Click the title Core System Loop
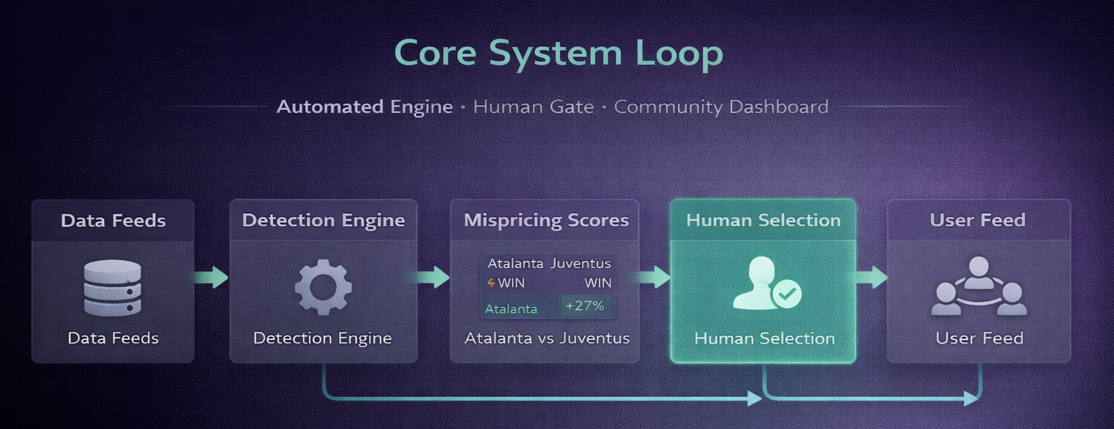point(558,53)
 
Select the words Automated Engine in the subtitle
point(364,107)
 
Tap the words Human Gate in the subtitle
point(533,107)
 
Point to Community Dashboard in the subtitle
point(721,107)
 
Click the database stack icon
point(113,287)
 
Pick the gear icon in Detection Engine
point(322,287)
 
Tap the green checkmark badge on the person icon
point(786,294)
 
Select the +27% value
point(584,306)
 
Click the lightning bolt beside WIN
point(491,283)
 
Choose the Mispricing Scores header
point(546,220)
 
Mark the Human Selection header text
point(763,220)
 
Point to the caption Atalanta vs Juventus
point(547,338)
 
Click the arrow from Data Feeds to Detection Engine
point(212,278)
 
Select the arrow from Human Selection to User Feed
point(872,278)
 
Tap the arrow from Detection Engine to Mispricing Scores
point(432,278)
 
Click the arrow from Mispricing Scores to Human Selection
point(652,278)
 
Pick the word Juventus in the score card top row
point(581,264)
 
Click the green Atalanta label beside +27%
point(511,308)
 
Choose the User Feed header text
point(977,220)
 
